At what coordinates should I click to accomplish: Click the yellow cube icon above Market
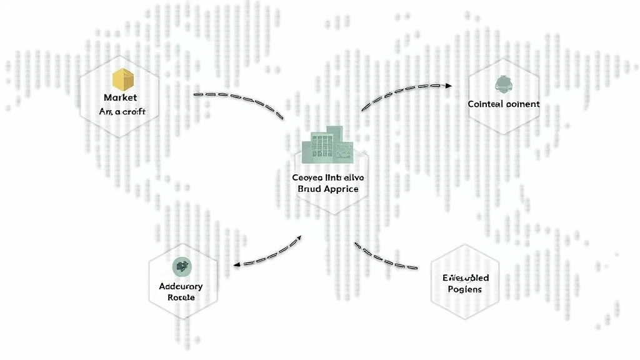[123, 79]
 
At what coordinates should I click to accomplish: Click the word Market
[120, 97]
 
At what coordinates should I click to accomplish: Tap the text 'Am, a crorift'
[122, 111]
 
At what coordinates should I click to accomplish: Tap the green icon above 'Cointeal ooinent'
[502, 84]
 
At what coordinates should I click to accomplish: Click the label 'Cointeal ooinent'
[503, 104]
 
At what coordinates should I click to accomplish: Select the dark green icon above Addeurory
[181, 266]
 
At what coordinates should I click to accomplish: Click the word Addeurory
[181, 286]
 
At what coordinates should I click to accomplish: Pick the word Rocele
[181, 297]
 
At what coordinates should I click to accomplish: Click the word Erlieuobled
[466, 277]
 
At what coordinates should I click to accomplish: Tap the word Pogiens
[466, 289]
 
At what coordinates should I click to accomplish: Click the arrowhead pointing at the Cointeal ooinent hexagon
[448, 85]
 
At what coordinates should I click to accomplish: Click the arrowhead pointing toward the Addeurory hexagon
[237, 264]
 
